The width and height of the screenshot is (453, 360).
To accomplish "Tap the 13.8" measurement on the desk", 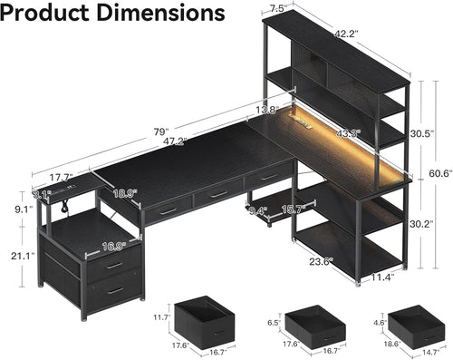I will click(267, 110).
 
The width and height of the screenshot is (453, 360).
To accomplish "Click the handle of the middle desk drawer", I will click(217, 192).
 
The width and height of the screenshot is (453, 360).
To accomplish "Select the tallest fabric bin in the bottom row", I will click(202, 319).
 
